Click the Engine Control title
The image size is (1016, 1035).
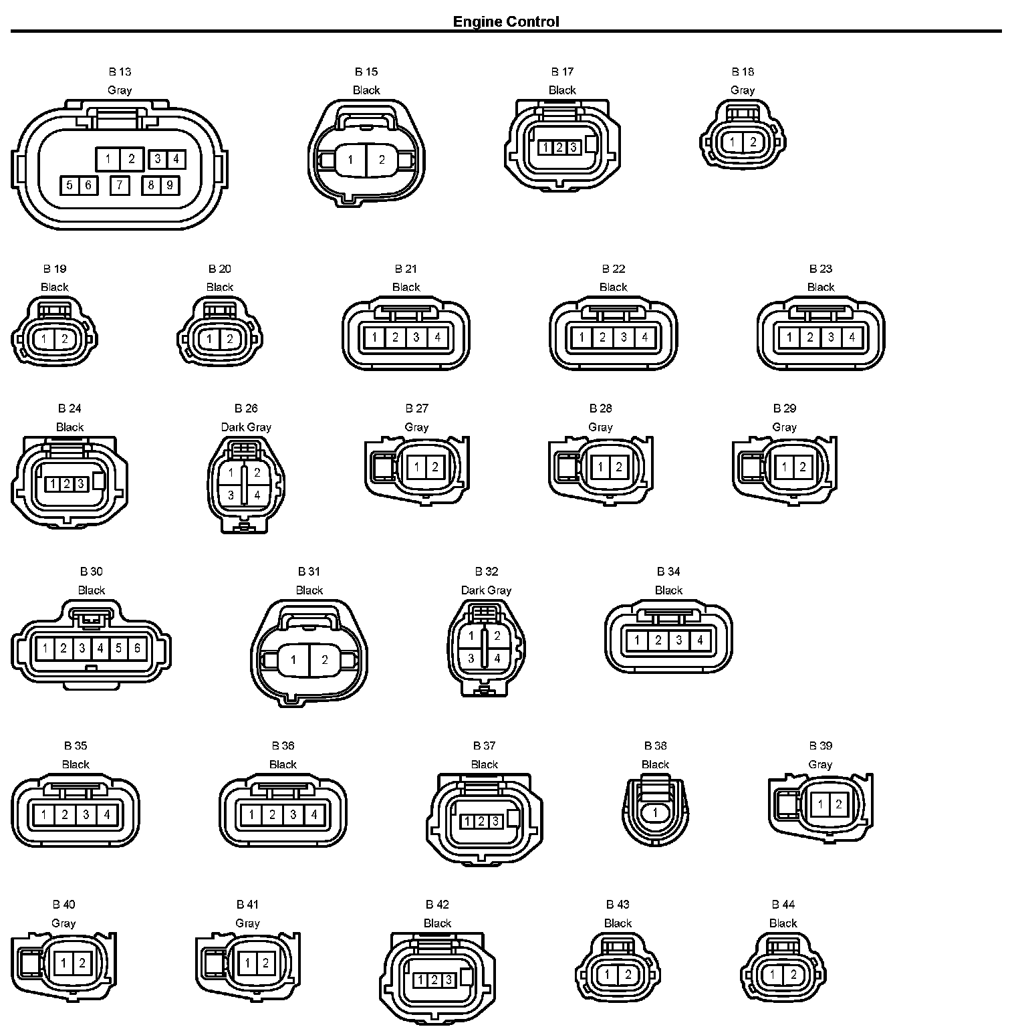coord(506,21)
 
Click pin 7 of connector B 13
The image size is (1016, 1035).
coord(120,185)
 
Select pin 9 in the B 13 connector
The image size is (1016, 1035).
coord(169,185)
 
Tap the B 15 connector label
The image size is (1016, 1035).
coord(366,72)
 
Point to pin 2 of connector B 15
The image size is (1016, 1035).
coord(382,160)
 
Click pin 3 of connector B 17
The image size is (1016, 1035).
coord(573,147)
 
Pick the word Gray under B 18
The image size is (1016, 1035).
coord(743,90)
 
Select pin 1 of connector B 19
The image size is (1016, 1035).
coord(44,339)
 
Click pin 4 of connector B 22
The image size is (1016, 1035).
coord(644,337)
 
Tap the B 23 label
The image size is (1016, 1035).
coord(821,269)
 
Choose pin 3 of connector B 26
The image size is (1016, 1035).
coord(231,495)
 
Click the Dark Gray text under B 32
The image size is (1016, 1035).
coord(486,590)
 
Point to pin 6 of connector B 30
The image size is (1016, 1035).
coord(137,647)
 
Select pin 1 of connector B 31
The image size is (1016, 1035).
coord(293,660)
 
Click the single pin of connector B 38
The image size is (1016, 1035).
coord(656,813)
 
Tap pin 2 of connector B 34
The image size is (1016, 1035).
coord(658,641)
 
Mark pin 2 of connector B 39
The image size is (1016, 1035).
coord(838,804)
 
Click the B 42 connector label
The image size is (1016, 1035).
coord(438,905)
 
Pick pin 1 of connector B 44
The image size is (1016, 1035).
coord(773,975)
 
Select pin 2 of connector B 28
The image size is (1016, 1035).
coord(618,467)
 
